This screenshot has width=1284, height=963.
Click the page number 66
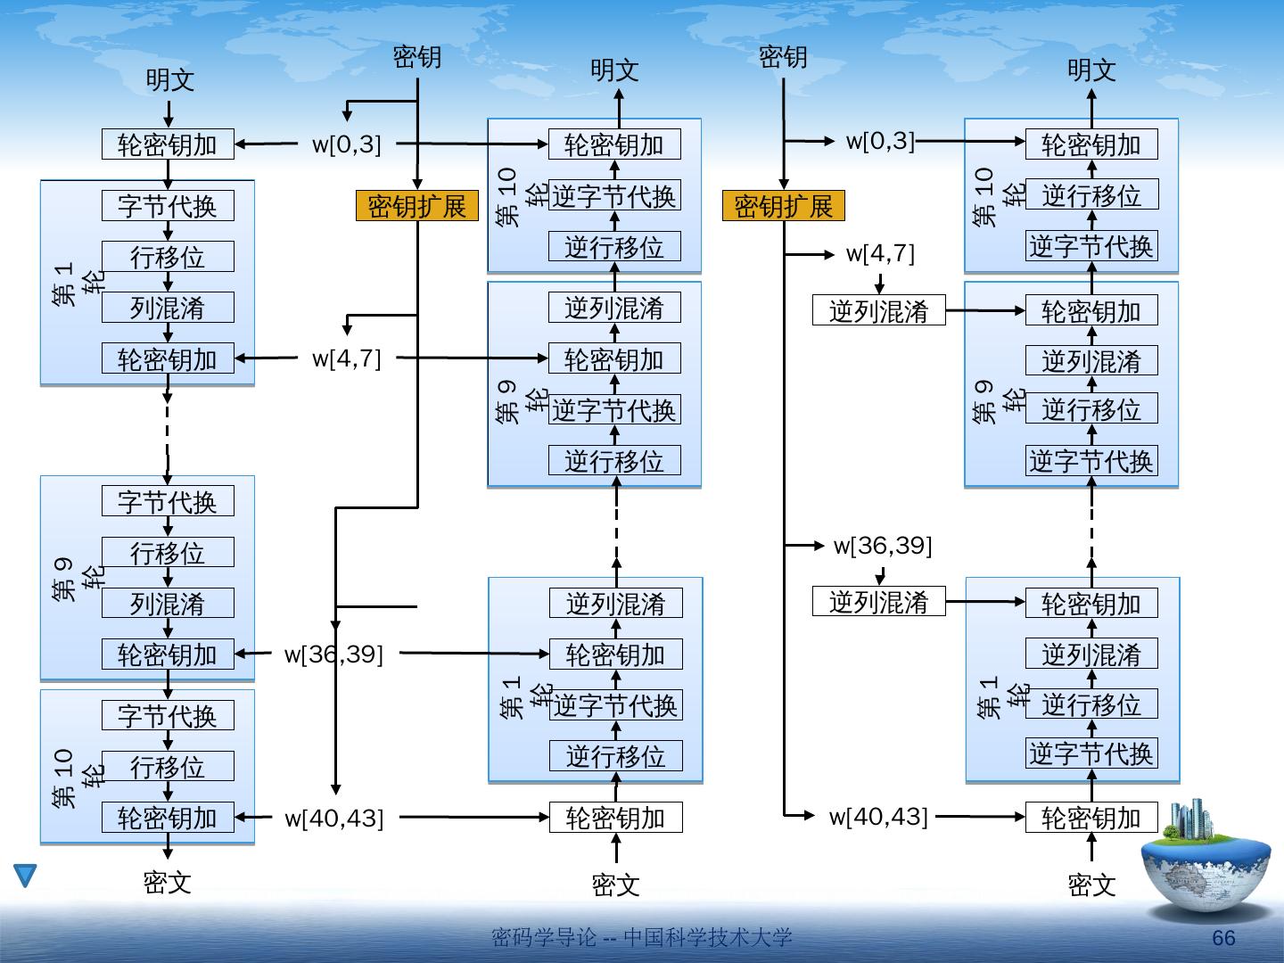[1223, 938]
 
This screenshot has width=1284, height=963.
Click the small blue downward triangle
[25, 876]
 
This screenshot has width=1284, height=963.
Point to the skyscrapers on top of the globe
[1192, 819]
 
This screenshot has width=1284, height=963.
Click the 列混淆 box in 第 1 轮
[168, 308]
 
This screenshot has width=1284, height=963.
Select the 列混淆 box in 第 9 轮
[168, 604]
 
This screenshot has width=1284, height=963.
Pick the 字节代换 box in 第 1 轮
[168, 206]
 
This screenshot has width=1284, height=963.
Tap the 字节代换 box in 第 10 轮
[168, 715]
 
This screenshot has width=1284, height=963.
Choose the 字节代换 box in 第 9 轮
[168, 501]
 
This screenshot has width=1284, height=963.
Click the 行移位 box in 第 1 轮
[168, 257]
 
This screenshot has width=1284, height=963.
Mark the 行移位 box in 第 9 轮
[168, 553]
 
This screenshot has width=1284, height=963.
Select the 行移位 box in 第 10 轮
[168, 766]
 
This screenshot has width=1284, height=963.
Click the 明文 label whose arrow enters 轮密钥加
[169, 81]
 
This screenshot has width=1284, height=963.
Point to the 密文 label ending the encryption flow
[168, 883]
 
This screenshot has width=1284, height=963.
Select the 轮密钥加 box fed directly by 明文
[168, 144]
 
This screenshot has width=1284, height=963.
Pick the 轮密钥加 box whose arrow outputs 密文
[168, 818]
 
